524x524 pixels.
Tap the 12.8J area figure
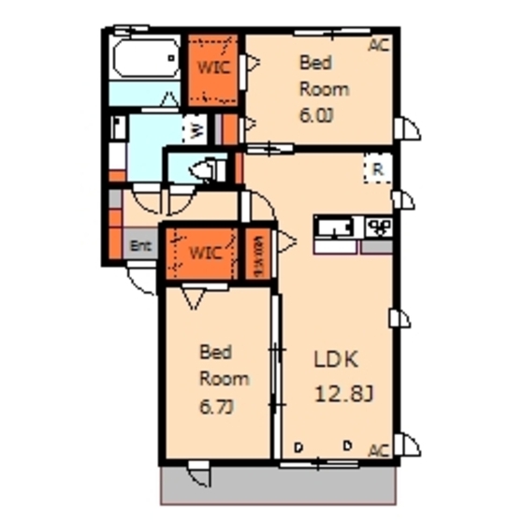coord(343,393)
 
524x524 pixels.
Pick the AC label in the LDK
coord(378,451)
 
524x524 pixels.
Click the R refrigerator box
coord(376,169)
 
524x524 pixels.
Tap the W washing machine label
coord(197,132)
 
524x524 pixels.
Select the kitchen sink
coord(334,227)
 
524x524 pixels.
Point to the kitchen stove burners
coord(378,226)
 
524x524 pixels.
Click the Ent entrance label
coord(140,247)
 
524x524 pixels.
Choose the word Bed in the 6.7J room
coord(215,352)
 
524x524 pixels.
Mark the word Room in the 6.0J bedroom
coord(323,90)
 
